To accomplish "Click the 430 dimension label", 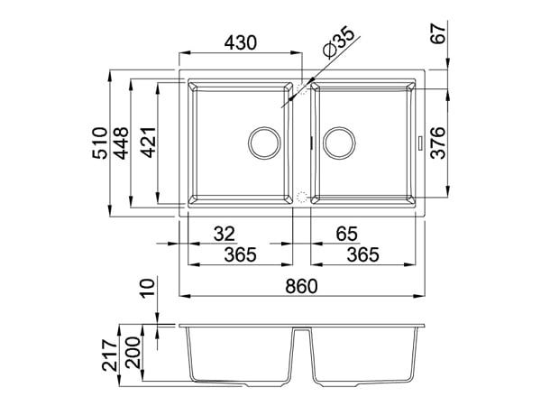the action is click(241, 42).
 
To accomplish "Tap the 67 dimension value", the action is click(438, 33).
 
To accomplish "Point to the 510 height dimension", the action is click(100, 143).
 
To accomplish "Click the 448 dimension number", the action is click(122, 143).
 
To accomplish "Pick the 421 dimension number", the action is click(149, 143).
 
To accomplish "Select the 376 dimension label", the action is click(438, 143).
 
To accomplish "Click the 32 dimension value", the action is click(225, 234).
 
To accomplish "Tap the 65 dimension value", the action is click(347, 234).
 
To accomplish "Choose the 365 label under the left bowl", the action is click(241, 255).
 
